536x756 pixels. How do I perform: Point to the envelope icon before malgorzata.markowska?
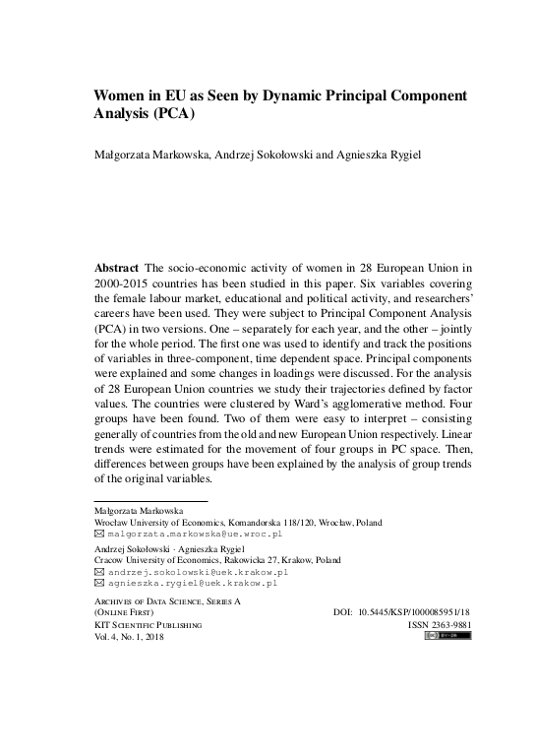pyautogui.click(x=98, y=533)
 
